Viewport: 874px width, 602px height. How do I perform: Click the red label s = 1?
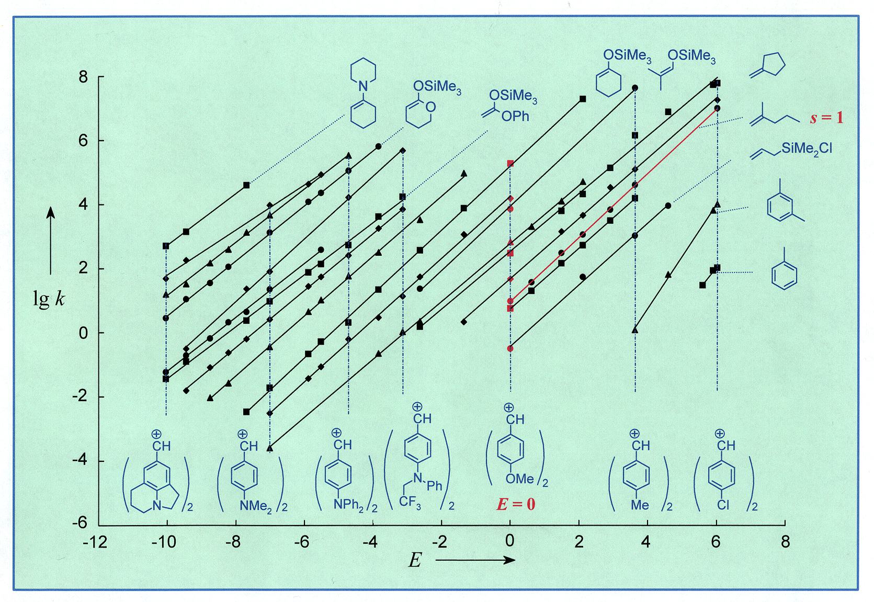(x=826, y=117)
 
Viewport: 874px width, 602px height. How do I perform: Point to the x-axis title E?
(x=415, y=561)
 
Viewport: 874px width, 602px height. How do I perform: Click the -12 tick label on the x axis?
(x=95, y=542)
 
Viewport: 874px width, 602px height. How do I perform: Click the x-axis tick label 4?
(x=647, y=542)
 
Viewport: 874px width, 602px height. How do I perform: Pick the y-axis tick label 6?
(x=84, y=141)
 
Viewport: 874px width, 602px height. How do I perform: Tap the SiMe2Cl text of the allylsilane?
(x=806, y=150)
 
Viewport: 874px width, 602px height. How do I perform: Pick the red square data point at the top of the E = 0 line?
(x=510, y=164)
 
